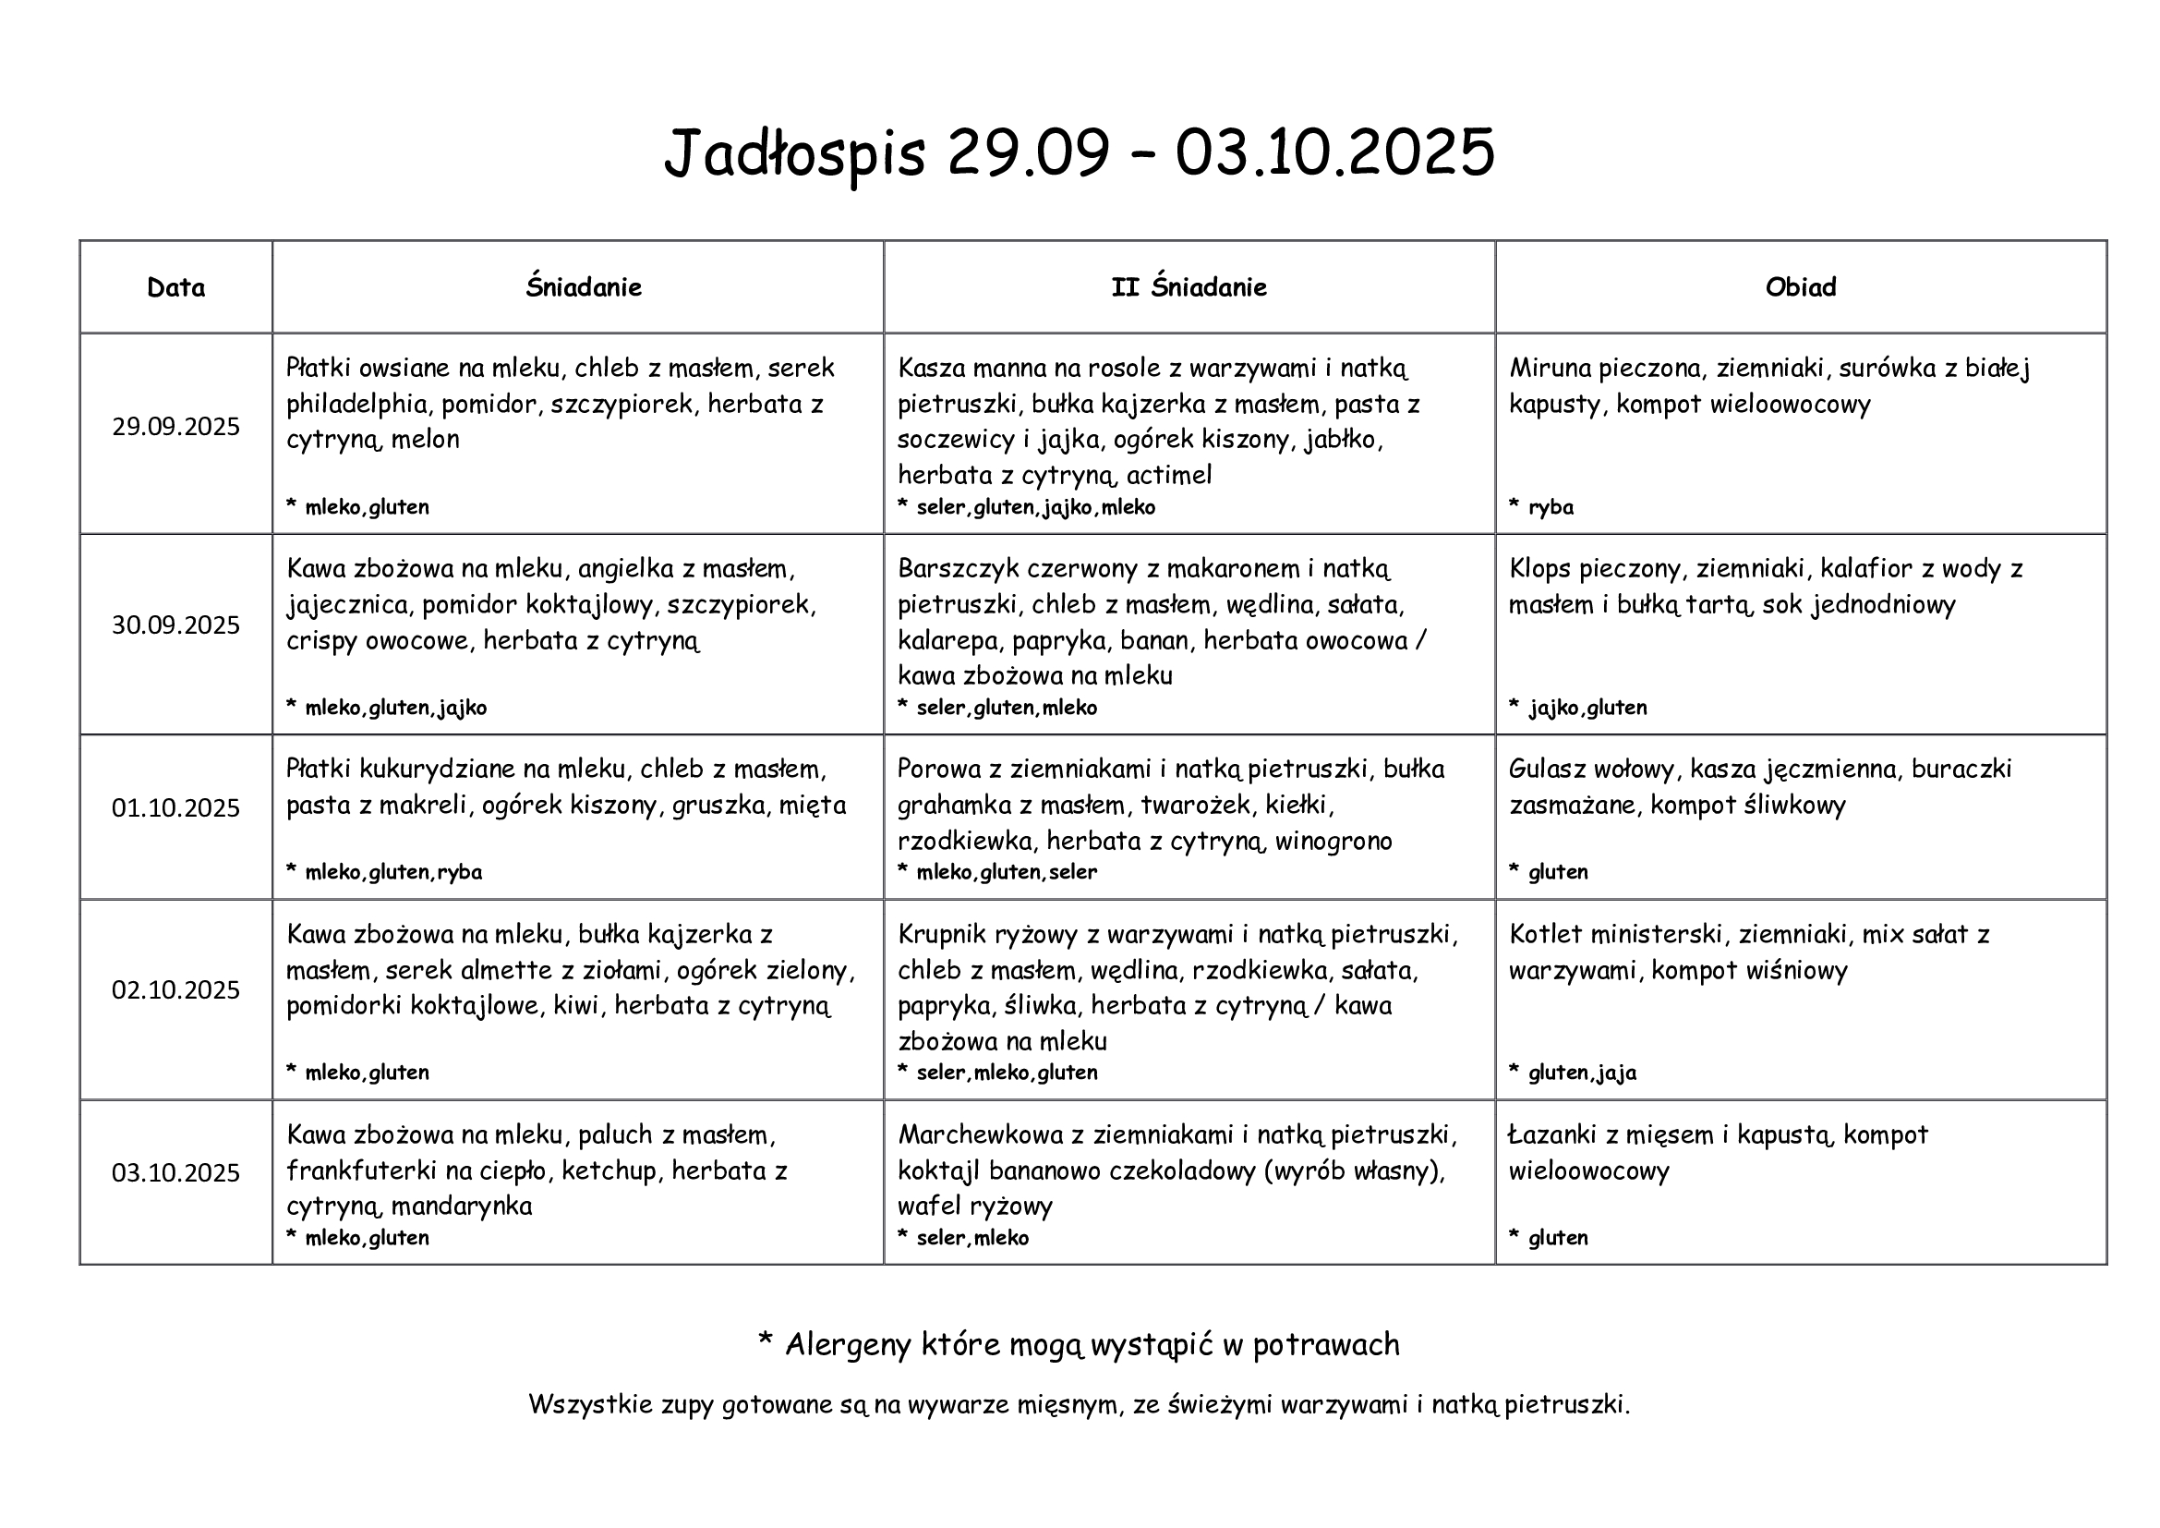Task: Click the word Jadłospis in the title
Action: click(x=795, y=152)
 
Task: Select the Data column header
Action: click(x=176, y=287)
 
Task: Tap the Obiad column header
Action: click(x=1800, y=287)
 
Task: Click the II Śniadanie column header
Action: click(x=1189, y=287)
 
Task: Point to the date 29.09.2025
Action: click(x=176, y=427)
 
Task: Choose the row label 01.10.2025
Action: click(x=176, y=808)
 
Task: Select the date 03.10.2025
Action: click(x=176, y=1172)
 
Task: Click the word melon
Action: click(x=425, y=440)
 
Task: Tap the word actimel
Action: click(x=1168, y=475)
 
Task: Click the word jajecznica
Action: click(x=347, y=604)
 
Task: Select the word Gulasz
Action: click(x=1543, y=770)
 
